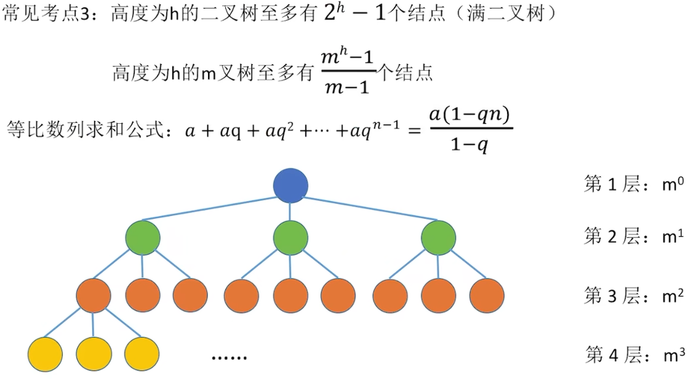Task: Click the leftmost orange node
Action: coord(94,295)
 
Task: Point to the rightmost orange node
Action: coord(487,295)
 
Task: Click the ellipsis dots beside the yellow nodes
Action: coord(229,357)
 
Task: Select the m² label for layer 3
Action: coord(673,296)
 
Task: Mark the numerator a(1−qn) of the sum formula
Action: coord(471,115)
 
